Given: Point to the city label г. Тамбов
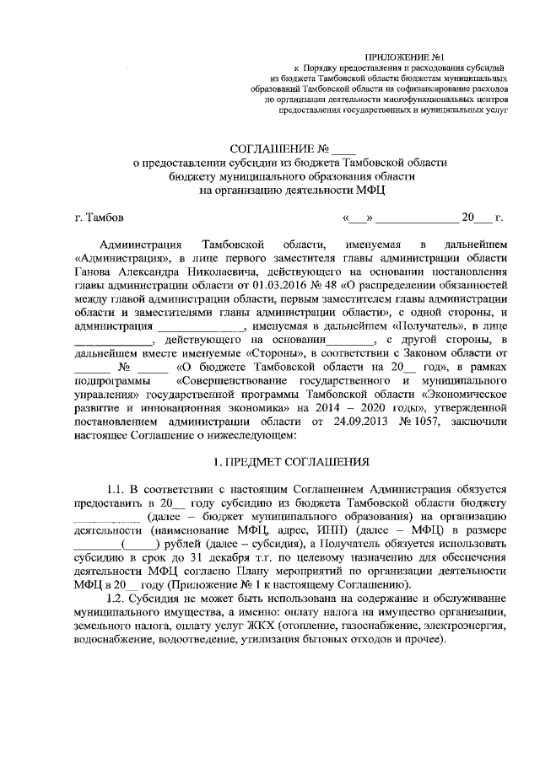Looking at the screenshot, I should coord(100,217).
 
